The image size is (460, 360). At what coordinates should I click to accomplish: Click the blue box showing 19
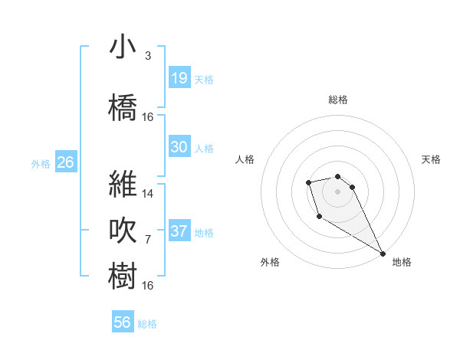tap(179, 77)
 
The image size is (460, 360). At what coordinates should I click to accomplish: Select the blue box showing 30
tap(179, 147)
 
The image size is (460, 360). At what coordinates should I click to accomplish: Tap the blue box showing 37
tap(179, 231)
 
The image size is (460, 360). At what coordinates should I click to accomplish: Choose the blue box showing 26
tap(65, 162)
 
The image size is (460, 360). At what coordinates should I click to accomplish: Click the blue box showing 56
tap(123, 322)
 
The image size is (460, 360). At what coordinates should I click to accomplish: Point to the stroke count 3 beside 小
tap(148, 56)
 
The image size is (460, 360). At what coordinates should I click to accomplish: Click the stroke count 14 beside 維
tap(148, 193)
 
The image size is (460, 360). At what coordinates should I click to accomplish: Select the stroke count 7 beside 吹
tap(148, 240)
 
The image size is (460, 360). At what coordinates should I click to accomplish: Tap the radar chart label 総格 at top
tap(338, 100)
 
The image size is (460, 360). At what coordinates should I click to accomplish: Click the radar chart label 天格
tap(431, 159)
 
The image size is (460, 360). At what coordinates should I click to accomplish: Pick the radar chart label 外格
tap(270, 262)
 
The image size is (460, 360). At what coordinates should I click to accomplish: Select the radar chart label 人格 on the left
tap(245, 159)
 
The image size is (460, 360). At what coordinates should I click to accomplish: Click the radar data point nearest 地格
tap(383, 253)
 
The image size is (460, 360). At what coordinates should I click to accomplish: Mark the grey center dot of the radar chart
tap(338, 191)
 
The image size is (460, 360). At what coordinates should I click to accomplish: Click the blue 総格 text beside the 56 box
tap(147, 324)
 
